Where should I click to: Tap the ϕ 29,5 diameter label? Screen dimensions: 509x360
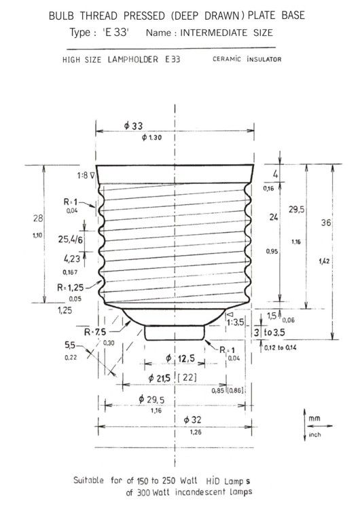[156, 400]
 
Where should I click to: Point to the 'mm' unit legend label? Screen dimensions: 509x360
[313, 419]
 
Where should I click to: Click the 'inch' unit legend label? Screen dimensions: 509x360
[314, 435]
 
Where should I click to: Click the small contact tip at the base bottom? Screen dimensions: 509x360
[175, 333]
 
